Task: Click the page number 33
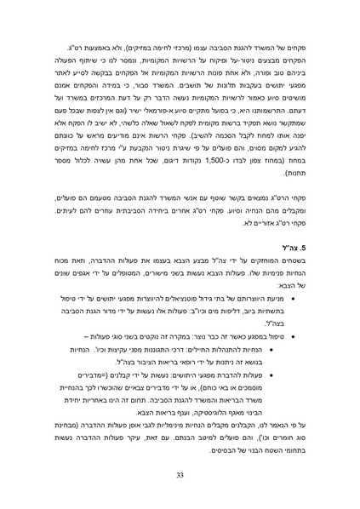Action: point(180,473)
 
